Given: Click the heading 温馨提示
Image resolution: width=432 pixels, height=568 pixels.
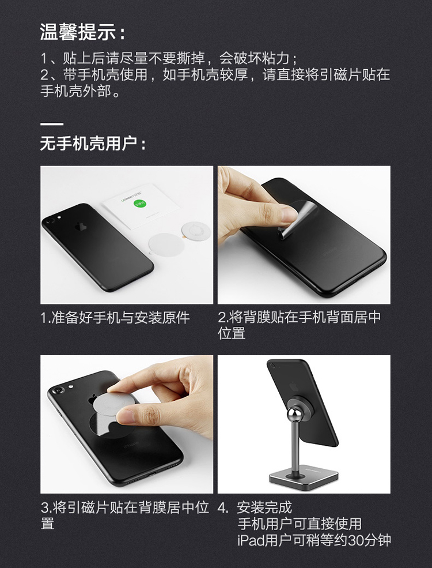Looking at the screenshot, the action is (78, 32).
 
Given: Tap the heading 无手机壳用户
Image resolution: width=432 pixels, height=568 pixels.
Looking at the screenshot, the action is (89, 144).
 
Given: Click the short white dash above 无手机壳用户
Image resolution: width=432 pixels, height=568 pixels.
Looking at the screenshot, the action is (52, 124).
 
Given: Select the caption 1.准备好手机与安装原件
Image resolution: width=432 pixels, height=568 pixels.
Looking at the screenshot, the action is (115, 318).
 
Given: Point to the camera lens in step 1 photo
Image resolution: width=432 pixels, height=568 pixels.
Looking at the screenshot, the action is (50, 220).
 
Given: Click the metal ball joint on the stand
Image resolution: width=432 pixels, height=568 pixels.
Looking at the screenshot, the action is (294, 415).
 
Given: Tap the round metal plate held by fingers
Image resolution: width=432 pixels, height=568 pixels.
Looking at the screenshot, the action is (113, 405).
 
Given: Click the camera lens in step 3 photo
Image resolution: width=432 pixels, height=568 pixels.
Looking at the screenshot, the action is (58, 391).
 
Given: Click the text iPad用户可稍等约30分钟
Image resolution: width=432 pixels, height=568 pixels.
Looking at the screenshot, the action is (314, 540).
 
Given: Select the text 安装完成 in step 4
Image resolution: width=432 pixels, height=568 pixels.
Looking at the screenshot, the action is (264, 507).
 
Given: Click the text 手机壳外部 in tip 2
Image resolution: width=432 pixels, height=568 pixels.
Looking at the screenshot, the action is (75, 91).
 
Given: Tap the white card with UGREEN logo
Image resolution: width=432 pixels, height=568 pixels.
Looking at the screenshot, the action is (141, 206).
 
